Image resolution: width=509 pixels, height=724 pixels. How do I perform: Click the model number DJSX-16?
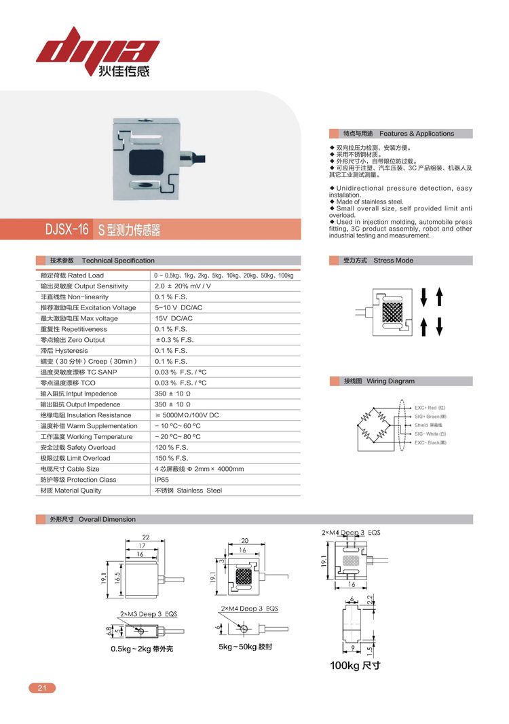pyautogui.click(x=67, y=230)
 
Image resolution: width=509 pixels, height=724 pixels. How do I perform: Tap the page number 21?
pyautogui.click(x=42, y=688)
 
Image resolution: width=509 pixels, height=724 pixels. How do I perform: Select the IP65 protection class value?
pyautogui.click(x=162, y=480)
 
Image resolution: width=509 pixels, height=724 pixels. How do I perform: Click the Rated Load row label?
pyautogui.click(x=72, y=275)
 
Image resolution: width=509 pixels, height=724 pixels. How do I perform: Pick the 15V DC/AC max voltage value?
pyautogui.click(x=174, y=318)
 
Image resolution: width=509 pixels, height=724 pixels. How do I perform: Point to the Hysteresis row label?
pyautogui.click(x=64, y=351)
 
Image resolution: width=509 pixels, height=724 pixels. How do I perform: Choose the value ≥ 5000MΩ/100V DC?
pyautogui.click(x=187, y=415)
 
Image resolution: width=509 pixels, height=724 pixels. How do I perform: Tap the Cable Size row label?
pyautogui.click(x=70, y=469)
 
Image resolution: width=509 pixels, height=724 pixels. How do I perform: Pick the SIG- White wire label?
pyautogui.click(x=430, y=434)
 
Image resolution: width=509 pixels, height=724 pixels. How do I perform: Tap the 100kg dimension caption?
pyautogui.click(x=355, y=665)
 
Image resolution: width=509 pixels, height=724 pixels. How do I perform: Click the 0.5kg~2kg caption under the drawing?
pyautogui.click(x=142, y=649)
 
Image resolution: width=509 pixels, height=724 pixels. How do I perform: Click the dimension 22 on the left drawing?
pyautogui.click(x=145, y=537)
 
